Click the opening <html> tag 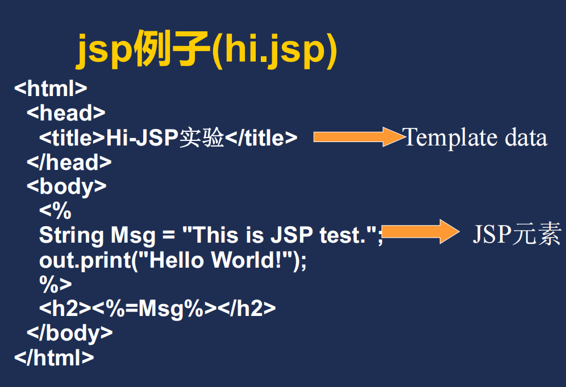[51, 89]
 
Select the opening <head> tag [66, 113]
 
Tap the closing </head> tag [69, 163]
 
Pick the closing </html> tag [54, 357]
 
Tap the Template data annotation [475, 138]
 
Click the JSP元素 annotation [517, 234]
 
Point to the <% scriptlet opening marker [55, 211]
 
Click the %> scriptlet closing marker [55, 284]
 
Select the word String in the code [72, 235]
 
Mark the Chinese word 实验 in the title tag [202, 138]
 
